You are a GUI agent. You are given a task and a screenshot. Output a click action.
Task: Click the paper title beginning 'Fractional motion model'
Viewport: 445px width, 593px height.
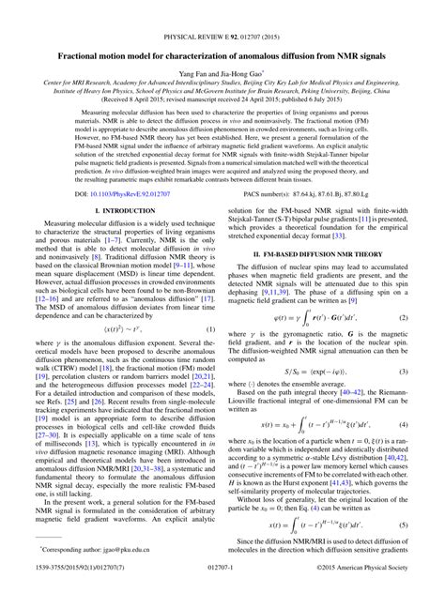pyautogui.click(x=222, y=31)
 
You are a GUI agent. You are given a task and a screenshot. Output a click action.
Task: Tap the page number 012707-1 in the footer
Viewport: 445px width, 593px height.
pyautogui.click(x=222, y=584)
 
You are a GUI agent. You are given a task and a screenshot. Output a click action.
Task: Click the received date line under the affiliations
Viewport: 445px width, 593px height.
pyautogui.click(x=222, y=96)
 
